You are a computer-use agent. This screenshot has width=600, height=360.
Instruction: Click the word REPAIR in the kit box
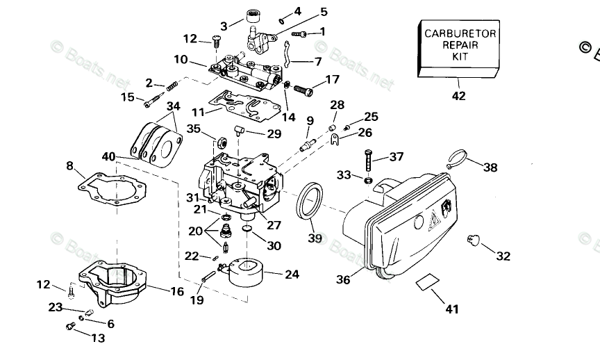click(x=460, y=44)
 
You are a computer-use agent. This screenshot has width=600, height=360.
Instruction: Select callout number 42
click(x=459, y=97)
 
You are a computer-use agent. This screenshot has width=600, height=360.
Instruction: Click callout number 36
click(x=343, y=279)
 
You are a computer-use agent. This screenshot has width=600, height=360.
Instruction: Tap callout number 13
click(x=97, y=338)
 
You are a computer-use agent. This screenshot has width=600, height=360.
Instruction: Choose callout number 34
click(x=174, y=106)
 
